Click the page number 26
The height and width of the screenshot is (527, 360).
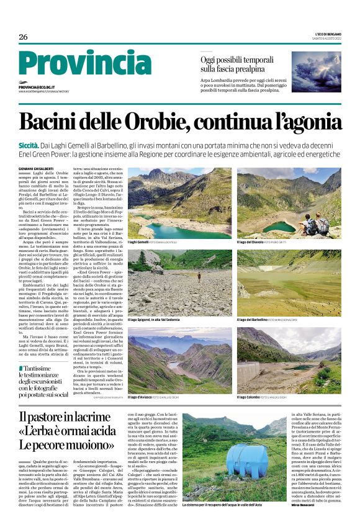click(x=23, y=37)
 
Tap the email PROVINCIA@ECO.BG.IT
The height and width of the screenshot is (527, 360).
click(x=37, y=88)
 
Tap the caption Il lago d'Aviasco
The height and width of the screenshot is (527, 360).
click(x=142, y=395)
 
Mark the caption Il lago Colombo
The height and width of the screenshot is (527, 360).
click(x=251, y=395)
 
